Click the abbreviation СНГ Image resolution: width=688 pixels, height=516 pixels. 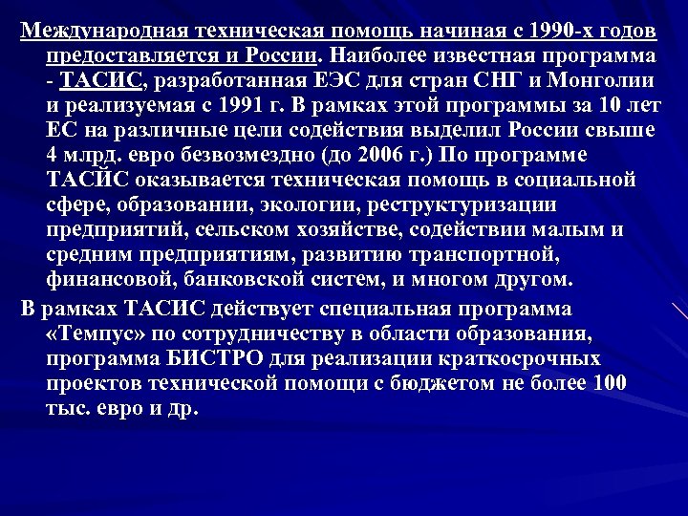point(493,78)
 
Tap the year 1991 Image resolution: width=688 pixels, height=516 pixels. point(199,103)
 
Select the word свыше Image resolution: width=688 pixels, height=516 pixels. point(621,128)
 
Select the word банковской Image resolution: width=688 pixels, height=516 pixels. point(223,280)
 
